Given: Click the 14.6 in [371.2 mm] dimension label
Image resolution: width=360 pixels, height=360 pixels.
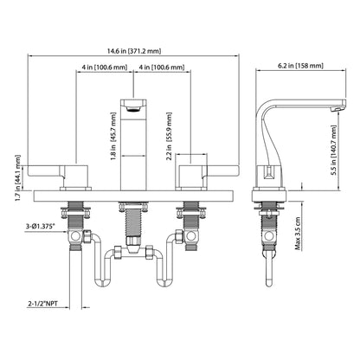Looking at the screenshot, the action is coord(134,51).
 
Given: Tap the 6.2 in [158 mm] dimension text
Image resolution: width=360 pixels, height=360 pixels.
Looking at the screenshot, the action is coord(300,66).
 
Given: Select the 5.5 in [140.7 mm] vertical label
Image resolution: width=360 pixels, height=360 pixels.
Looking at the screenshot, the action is coord(334,150).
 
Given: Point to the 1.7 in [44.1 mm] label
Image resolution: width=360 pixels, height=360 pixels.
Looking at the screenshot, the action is coord(18,177).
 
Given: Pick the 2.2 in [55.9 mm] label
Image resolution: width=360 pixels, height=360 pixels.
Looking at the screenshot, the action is coord(170,137).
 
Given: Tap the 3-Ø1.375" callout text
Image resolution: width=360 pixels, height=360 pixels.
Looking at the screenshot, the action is coord(41,227).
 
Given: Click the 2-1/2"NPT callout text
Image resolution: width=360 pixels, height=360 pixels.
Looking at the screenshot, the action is coord(42,304).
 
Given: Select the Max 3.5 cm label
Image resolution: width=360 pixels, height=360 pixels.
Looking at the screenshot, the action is coord(298,234).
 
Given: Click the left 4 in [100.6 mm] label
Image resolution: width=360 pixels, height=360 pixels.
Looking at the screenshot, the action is coord(104,67).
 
